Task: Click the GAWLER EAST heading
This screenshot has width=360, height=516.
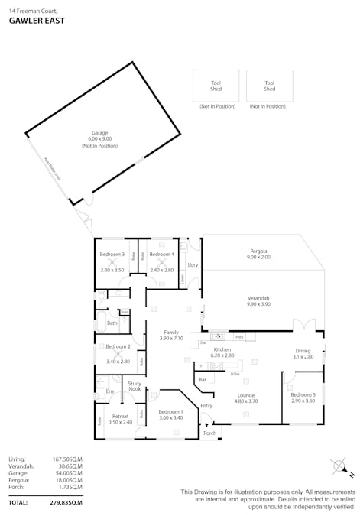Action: coord(37,21)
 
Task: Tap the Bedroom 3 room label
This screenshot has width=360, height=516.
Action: coord(112,254)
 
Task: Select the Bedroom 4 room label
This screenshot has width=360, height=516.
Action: coord(161,254)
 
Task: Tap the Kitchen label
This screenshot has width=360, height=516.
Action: coord(222,349)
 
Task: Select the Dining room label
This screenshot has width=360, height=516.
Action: coord(303,351)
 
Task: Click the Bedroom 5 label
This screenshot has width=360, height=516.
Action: coord(303,395)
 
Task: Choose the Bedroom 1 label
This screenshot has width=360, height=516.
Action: coord(171,411)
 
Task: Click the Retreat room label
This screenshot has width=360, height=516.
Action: coord(121,417)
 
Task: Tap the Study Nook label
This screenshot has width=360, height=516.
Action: coord(135,387)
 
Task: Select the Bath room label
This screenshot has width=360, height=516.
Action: coord(112,323)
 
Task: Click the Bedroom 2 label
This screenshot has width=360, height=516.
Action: coord(117,347)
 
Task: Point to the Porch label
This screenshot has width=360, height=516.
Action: coord(209,433)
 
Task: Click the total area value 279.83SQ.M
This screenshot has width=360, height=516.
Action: coord(66,502)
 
